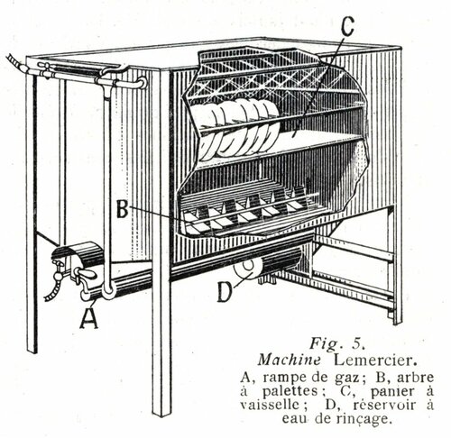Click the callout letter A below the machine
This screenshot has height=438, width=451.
89,317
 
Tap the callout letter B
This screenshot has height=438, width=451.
123,209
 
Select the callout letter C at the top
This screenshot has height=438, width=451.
347,26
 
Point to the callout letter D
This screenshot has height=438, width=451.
224,292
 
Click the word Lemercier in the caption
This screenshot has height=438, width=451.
375,360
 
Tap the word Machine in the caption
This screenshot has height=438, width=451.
289,360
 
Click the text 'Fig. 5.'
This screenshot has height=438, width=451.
337,343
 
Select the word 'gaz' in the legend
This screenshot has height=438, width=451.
351,378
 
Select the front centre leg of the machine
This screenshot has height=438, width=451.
161,241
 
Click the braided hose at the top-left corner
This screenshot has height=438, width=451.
17,63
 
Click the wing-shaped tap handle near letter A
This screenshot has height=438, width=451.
87,273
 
